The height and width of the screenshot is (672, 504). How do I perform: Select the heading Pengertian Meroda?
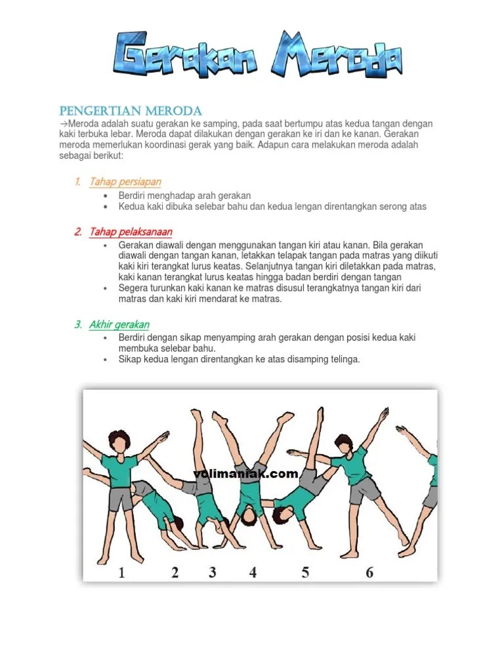pos(131,110)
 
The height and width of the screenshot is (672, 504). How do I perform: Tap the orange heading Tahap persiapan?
pos(125,182)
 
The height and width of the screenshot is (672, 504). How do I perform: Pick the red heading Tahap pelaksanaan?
pos(131,232)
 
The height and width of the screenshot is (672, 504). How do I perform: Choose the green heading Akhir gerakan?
pos(119,325)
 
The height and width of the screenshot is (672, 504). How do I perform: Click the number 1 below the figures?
pos(122,573)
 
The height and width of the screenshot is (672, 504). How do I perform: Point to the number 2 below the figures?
pos(175,573)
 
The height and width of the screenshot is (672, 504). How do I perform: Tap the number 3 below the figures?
pos(213,573)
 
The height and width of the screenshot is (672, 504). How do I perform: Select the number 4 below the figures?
pos(253,573)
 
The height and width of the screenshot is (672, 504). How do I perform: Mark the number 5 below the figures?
pos(306,573)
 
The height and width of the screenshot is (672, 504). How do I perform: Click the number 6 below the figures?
pos(369,573)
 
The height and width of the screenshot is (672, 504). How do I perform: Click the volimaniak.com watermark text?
pos(245,474)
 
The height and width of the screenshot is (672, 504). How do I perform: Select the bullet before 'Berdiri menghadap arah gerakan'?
pos(107,196)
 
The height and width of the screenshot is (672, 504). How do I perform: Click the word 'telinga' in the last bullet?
pos(344,360)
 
